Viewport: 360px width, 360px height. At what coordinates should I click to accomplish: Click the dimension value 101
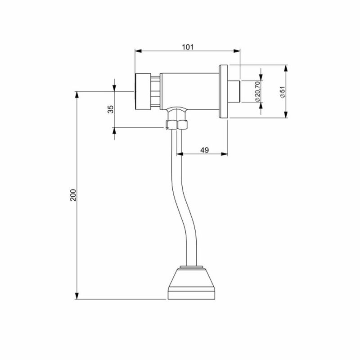click(x=188, y=46)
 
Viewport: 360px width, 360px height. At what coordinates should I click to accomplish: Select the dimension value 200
click(x=74, y=194)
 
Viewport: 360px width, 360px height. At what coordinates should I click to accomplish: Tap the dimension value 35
click(x=111, y=109)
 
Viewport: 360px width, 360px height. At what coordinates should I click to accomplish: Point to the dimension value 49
click(x=203, y=150)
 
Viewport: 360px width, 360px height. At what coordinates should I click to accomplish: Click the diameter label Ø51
click(x=282, y=92)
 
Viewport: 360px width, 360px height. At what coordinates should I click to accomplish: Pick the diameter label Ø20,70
click(x=257, y=92)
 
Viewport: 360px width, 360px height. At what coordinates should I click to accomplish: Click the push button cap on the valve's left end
click(x=143, y=91)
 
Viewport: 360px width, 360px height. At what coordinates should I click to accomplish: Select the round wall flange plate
click(x=224, y=92)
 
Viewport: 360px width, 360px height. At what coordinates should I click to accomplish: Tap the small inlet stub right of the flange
click(x=235, y=91)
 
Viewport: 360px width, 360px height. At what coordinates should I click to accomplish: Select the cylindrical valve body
click(x=189, y=90)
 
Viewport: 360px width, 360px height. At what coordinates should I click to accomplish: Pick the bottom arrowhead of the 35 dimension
click(x=114, y=130)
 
